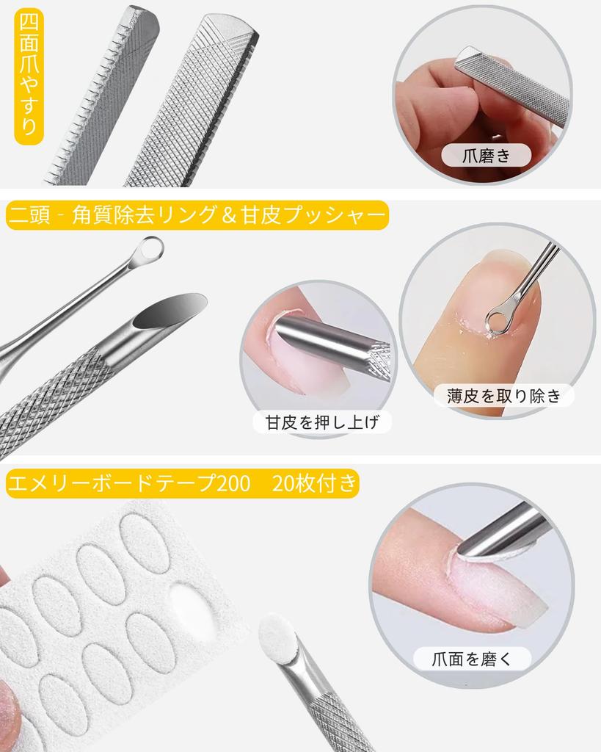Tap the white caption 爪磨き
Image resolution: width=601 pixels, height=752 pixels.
pos(486,154)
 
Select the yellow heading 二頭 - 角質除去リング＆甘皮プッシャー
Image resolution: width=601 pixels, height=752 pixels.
pos(197,216)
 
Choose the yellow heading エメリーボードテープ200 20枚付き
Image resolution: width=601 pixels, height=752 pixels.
pos(182,485)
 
